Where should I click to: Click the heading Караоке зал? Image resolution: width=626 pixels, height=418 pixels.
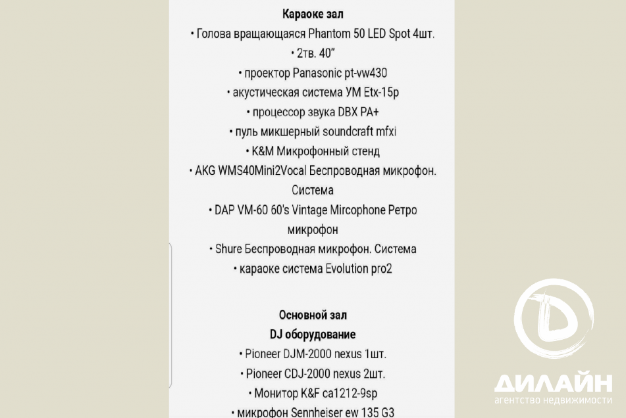(x=313, y=14)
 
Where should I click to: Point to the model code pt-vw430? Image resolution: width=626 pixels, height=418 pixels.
(x=370, y=73)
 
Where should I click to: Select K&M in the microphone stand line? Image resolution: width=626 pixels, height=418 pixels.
(x=263, y=151)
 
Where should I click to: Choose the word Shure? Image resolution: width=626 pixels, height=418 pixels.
(x=228, y=249)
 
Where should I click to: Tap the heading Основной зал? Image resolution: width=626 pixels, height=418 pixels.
(x=313, y=315)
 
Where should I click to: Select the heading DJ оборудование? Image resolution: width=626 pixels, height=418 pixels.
(x=313, y=334)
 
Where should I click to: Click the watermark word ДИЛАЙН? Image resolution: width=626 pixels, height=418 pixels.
(x=553, y=383)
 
